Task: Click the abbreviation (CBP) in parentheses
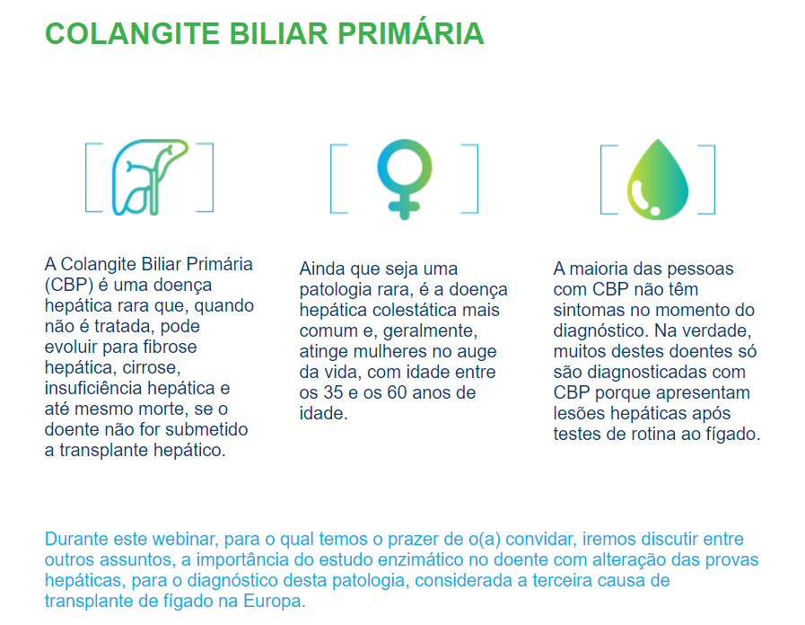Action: pyautogui.click(x=69, y=286)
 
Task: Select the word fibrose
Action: pyautogui.click(x=165, y=347)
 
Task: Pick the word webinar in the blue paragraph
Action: pyautogui.click(x=181, y=539)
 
